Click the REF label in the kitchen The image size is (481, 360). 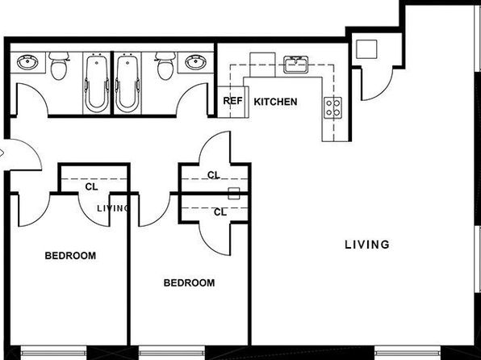point(232,101)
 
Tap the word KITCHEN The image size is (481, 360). point(275,102)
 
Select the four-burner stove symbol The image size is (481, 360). point(333,107)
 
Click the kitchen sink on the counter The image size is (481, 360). point(295,65)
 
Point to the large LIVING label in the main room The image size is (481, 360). point(367,245)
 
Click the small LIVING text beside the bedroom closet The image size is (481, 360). point(112,209)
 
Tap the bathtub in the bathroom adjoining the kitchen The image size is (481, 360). point(128,83)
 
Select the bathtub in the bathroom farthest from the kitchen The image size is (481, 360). point(96,83)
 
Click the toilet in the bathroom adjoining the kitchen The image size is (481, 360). point(165,65)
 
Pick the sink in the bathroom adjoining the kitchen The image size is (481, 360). point(195,62)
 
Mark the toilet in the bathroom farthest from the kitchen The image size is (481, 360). point(59,65)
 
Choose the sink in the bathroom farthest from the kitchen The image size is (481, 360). point(27,62)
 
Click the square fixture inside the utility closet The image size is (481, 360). point(366,49)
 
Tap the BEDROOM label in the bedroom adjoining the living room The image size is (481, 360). point(189,283)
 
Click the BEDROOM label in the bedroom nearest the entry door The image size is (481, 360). point(70,256)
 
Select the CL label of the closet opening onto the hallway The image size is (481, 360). point(214,175)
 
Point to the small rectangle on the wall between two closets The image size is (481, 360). point(234,194)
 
